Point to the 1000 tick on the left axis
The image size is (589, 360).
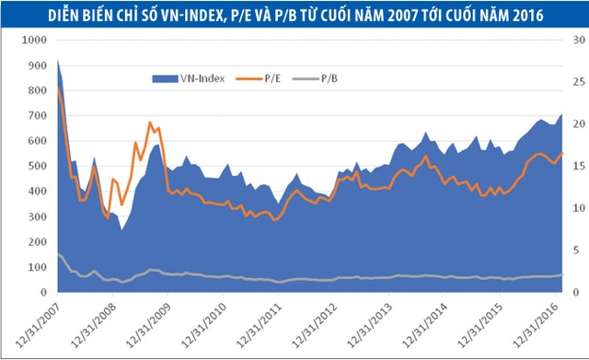[x=31, y=41]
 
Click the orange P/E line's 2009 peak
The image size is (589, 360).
[x=151, y=122]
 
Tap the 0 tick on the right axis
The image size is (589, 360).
[x=570, y=292]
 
